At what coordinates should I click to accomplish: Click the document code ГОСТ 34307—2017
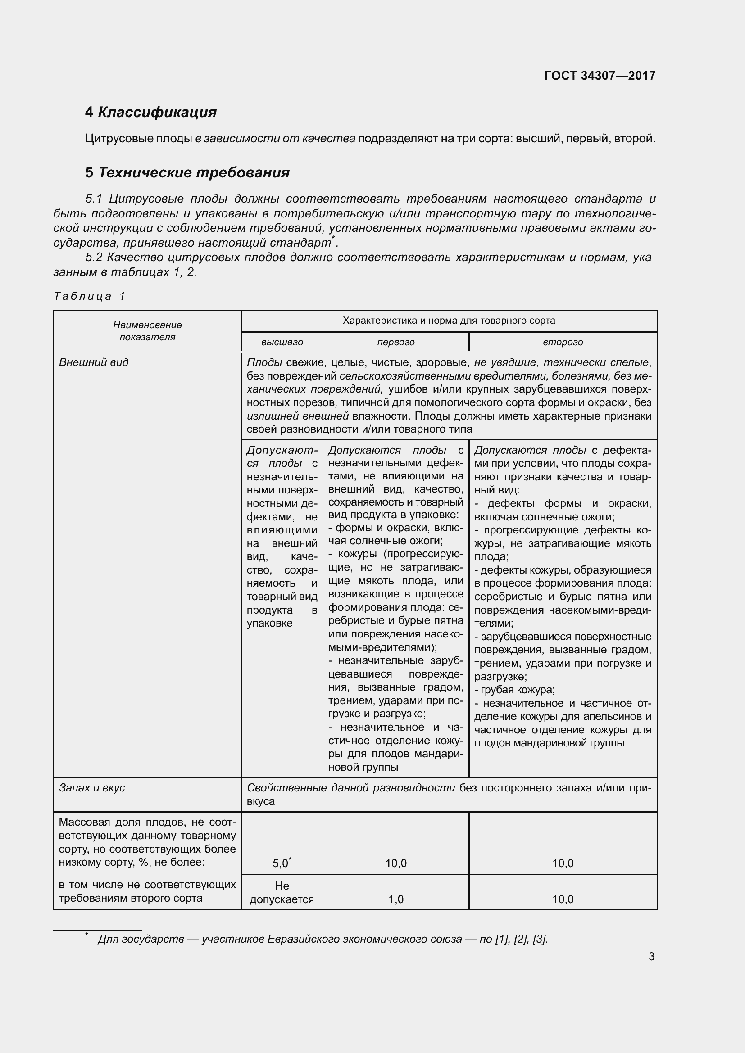click(x=600, y=76)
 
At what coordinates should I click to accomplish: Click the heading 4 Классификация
click(x=150, y=112)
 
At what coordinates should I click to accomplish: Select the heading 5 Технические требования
click(x=187, y=172)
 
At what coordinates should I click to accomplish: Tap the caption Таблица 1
click(x=90, y=296)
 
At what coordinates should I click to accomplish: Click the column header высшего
click(x=282, y=342)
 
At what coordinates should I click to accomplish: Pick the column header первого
click(x=395, y=342)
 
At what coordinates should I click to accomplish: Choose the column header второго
click(x=563, y=342)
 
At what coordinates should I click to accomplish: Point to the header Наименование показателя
click(x=147, y=331)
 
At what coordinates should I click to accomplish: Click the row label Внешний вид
click(x=94, y=362)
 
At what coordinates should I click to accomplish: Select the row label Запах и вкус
click(x=92, y=788)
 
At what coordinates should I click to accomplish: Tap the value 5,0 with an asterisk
click(x=281, y=863)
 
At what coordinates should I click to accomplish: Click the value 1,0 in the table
click(x=395, y=899)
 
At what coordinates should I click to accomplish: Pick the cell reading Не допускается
click(x=282, y=892)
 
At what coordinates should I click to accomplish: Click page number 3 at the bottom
click(x=651, y=957)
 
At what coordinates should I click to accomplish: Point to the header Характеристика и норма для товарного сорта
click(x=449, y=321)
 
